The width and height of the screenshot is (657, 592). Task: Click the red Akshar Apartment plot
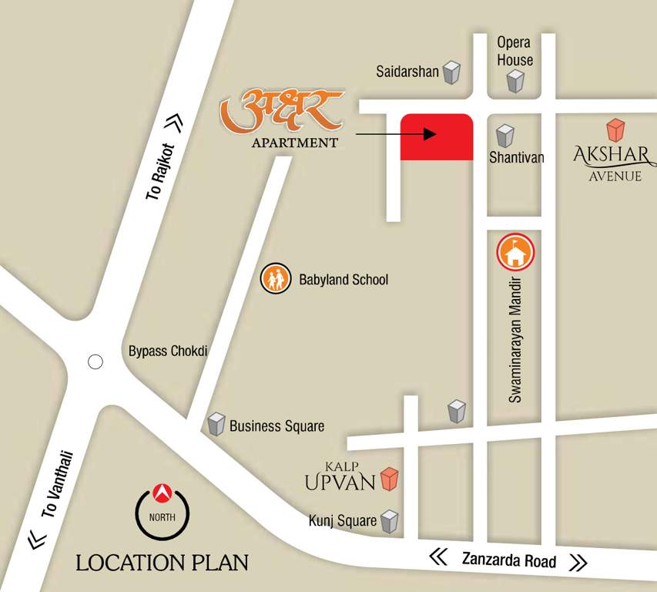click(436, 137)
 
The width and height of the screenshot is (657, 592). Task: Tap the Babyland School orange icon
click(275, 278)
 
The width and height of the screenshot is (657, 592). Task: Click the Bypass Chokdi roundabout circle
click(96, 362)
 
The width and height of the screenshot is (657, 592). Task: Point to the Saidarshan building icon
click(451, 72)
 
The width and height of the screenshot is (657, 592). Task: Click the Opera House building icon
click(515, 80)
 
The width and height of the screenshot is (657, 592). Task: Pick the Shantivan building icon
click(505, 136)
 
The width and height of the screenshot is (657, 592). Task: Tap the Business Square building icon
click(216, 424)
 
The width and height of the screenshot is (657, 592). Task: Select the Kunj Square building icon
click(391, 521)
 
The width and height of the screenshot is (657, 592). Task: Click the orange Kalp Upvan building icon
click(391, 479)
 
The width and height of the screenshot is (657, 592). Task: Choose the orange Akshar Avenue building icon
click(615, 130)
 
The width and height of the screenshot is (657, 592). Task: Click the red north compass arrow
click(162, 490)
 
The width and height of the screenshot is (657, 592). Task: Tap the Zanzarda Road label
click(508, 560)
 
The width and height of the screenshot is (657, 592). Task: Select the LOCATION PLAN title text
click(162, 563)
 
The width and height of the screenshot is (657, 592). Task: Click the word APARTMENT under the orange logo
click(294, 143)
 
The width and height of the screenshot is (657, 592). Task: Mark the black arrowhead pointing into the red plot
click(430, 134)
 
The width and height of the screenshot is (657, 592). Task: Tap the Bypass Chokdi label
click(168, 351)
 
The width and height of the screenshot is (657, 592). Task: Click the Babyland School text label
click(344, 279)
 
